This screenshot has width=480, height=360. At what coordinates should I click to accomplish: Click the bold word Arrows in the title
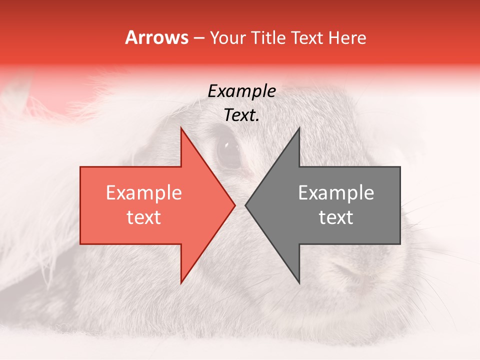pyautogui.click(x=157, y=37)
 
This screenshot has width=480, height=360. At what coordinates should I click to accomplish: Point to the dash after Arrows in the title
pyautogui.click(x=199, y=38)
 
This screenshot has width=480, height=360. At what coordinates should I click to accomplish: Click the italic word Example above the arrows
pyautogui.click(x=241, y=91)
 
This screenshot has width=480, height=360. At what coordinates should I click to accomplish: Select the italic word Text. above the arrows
pyautogui.click(x=241, y=115)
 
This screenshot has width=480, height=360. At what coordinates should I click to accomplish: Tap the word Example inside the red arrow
pyautogui.click(x=144, y=193)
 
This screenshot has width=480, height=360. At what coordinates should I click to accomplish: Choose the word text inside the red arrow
pyautogui.click(x=144, y=217)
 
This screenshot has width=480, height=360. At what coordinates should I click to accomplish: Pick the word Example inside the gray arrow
pyautogui.click(x=336, y=193)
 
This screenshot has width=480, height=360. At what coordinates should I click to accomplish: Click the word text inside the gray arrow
pyautogui.click(x=336, y=217)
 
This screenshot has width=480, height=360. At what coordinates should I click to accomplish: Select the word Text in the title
pyautogui.click(x=308, y=37)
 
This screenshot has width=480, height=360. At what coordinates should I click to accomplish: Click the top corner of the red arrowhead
pyautogui.click(x=181, y=128)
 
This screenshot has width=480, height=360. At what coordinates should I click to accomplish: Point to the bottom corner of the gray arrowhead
pyautogui.click(x=299, y=282)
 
